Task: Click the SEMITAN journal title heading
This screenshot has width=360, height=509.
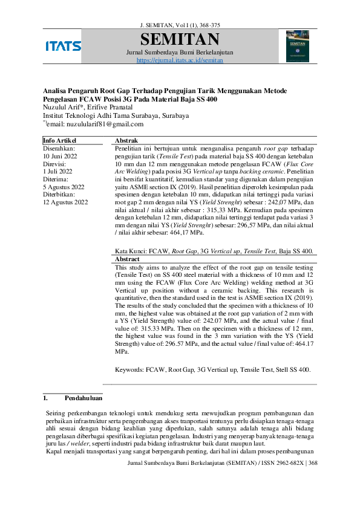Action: [x=180, y=40]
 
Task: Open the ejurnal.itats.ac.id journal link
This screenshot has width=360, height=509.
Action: [x=180, y=60]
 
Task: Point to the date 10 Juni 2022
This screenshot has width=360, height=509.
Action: [x=61, y=155]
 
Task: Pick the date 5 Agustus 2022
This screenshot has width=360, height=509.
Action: [x=64, y=187]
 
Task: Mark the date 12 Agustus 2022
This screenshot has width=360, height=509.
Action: [x=65, y=203]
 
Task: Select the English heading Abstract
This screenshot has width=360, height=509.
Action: [x=127, y=258]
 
